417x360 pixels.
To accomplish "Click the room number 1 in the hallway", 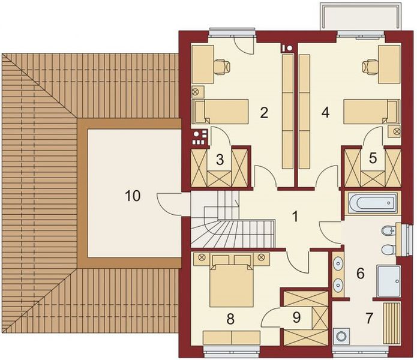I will click(295, 215).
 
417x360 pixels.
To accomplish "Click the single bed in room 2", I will click(220, 111).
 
